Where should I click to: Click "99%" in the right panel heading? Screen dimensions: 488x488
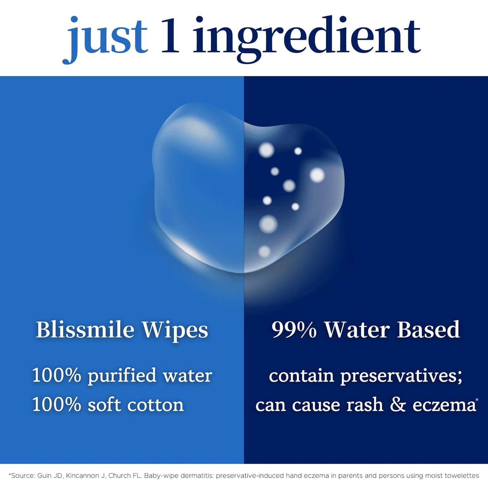pos(294,330)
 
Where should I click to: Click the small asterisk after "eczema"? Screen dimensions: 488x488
pos(477,400)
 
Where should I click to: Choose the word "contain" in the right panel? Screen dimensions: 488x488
pos(301,376)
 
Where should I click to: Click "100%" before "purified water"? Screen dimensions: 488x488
pos(57,375)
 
